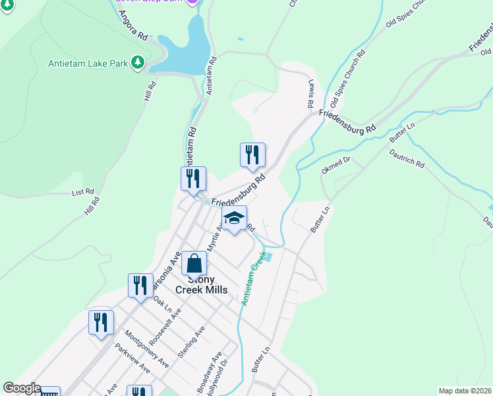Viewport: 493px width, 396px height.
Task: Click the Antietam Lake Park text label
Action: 88,64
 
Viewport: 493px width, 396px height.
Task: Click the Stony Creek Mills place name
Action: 201,284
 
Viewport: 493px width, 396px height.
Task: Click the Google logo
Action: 22,389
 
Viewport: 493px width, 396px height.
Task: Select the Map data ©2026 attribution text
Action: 465,391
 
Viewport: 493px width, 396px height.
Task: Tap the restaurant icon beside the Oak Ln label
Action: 140,286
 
